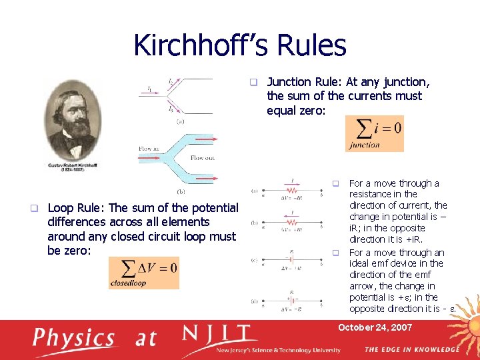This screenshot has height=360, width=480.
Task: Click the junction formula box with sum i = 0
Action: (x=374, y=133)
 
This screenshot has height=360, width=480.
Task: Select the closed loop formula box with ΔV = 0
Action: (x=143, y=273)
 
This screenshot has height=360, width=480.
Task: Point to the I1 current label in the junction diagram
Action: (x=150, y=88)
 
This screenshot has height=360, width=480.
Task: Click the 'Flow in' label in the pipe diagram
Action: (x=149, y=149)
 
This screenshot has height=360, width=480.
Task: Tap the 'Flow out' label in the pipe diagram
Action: (x=203, y=158)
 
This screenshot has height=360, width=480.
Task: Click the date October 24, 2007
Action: (x=375, y=327)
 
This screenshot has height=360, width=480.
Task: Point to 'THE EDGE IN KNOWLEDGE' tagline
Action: (x=411, y=349)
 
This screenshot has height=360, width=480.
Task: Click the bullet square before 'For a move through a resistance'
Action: (x=337, y=183)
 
